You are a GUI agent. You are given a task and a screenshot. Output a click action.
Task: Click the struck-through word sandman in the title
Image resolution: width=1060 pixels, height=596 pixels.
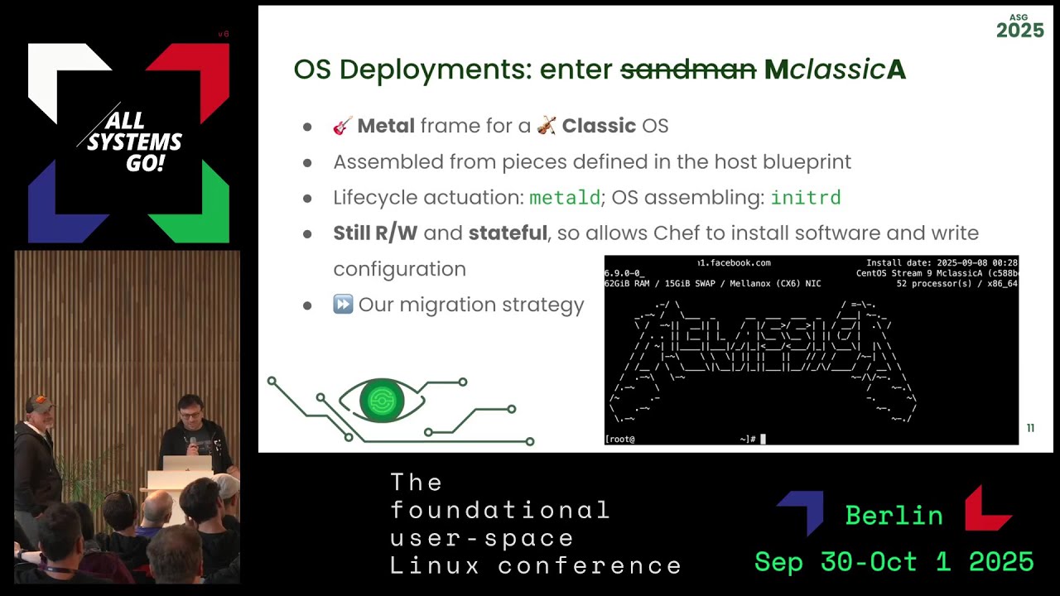pyautogui.click(x=688, y=70)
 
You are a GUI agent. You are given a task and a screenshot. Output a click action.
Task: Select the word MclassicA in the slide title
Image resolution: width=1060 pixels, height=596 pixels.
pyautogui.click(x=835, y=70)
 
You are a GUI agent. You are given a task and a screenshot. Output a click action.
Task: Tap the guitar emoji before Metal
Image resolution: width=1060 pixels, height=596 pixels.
pyautogui.click(x=343, y=126)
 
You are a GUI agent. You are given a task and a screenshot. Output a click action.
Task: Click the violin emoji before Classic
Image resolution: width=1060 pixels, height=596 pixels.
pyautogui.click(x=547, y=126)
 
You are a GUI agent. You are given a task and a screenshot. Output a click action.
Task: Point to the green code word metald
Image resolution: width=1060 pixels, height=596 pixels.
pyautogui.click(x=564, y=198)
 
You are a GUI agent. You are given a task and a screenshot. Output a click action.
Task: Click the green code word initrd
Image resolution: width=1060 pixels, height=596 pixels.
pyautogui.click(x=805, y=198)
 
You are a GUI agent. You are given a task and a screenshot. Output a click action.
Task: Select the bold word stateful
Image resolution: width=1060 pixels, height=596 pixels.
pyautogui.click(x=508, y=233)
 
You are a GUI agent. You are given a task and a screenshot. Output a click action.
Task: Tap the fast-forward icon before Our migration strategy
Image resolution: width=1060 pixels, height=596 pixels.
pyautogui.click(x=343, y=305)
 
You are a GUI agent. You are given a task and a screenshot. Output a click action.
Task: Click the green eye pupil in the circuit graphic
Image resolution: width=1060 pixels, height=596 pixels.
pyautogui.click(x=382, y=401)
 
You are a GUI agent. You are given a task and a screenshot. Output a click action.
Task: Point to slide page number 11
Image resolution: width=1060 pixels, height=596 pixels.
pyautogui.click(x=1030, y=428)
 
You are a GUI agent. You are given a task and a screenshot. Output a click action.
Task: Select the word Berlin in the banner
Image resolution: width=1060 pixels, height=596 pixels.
pyautogui.click(x=894, y=516)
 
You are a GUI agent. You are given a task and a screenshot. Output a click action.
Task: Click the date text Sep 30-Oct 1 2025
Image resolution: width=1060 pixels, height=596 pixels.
pyautogui.click(x=894, y=562)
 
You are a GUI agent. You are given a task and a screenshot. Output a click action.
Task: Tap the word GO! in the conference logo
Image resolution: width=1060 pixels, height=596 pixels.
pyautogui.click(x=145, y=163)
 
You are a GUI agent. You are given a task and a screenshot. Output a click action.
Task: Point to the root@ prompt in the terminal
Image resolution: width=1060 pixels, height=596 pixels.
pyautogui.click(x=620, y=439)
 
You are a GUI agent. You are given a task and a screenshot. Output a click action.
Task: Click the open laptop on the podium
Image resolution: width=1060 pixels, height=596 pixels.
pyautogui.click(x=187, y=464)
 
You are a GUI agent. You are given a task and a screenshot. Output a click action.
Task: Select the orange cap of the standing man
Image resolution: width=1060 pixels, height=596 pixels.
pyautogui.click(x=39, y=403)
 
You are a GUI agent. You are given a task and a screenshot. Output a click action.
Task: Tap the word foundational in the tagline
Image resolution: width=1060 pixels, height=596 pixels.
pyautogui.click(x=499, y=510)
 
